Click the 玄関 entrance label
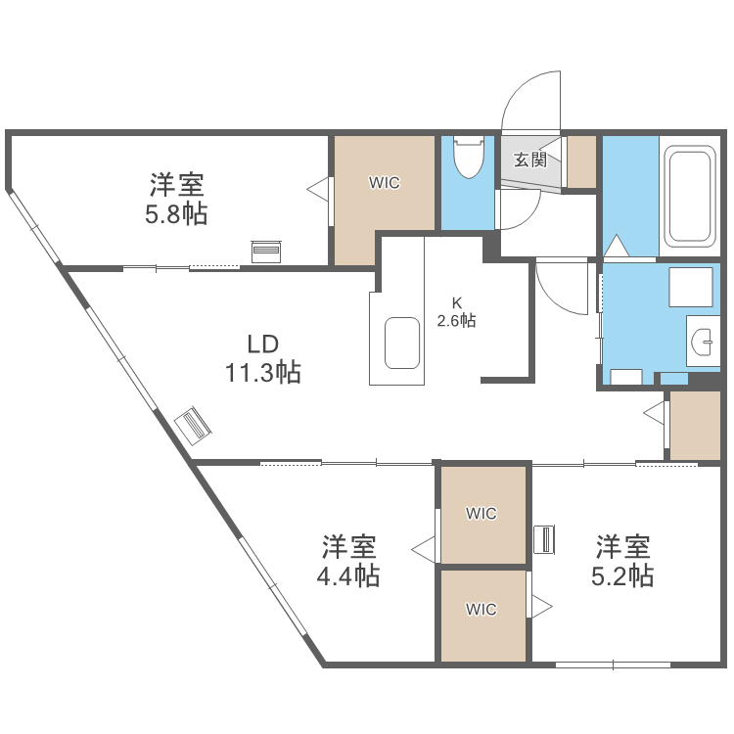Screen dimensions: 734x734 click(x=530, y=160)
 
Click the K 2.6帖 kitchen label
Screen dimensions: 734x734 click(x=456, y=311)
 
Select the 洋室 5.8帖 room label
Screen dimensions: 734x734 click(x=176, y=199)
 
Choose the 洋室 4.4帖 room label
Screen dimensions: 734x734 click(x=348, y=560)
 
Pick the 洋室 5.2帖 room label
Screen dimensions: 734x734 click(x=623, y=560)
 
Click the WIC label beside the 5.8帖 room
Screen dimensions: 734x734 click(x=384, y=182)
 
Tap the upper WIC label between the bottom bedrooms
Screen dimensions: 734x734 click(x=482, y=513)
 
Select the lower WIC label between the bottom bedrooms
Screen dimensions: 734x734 click(x=482, y=609)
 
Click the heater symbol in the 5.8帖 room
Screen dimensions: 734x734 click(x=265, y=252)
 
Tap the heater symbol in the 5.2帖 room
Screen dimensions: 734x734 click(x=544, y=539)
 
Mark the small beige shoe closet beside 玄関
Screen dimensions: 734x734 click(x=581, y=161)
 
